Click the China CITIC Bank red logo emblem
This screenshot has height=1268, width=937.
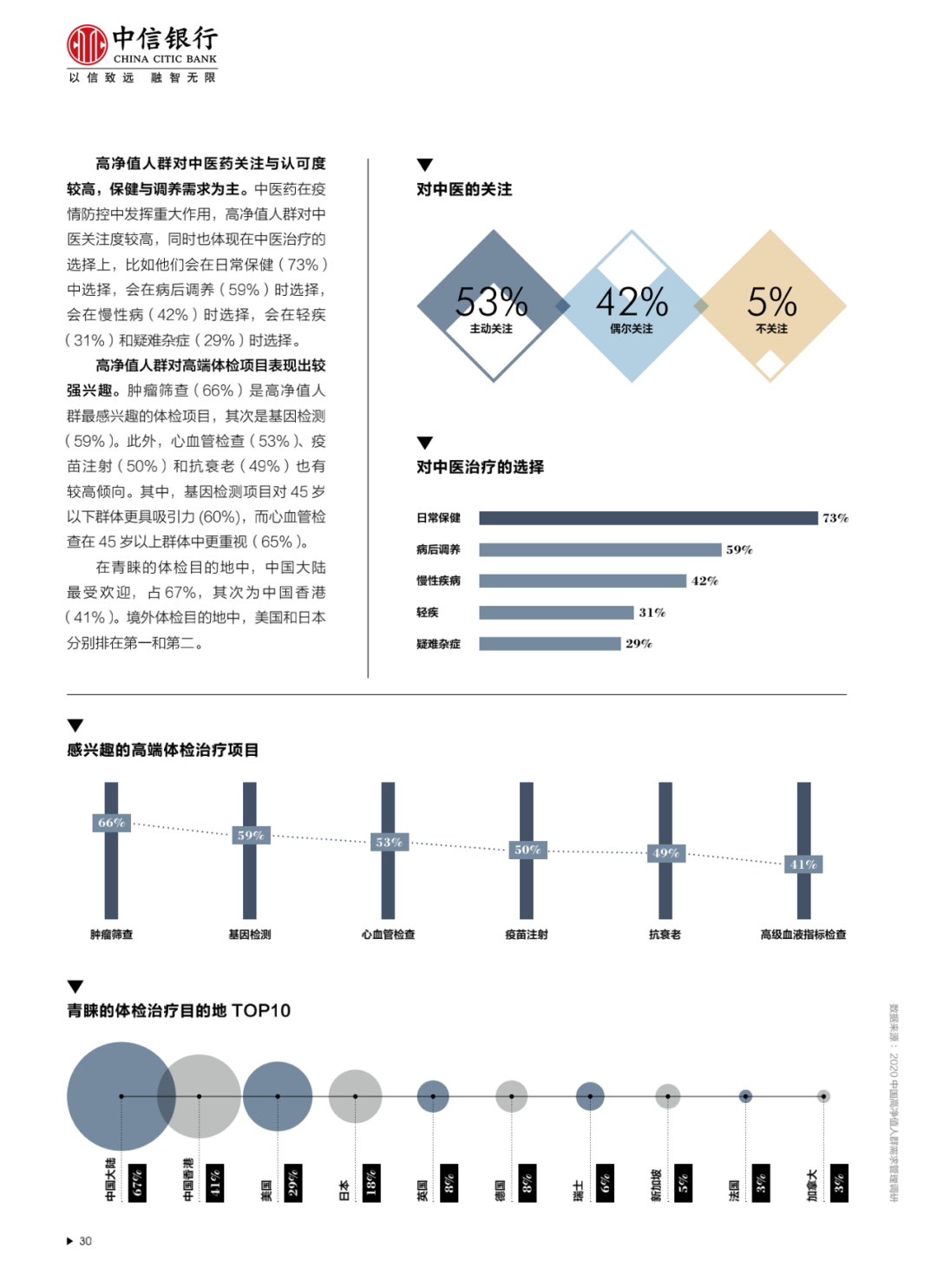click(87, 45)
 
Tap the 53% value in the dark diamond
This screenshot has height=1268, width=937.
click(492, 302)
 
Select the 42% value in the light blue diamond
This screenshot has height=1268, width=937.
click(632, 302)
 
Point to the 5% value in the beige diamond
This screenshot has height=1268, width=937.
click(771, 302)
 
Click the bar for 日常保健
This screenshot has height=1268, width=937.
click(648, 518)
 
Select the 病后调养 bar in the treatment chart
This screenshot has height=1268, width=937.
click(600, 549)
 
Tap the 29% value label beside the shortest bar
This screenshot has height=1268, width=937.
click(639, 644)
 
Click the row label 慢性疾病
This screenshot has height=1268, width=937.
click(438, 581)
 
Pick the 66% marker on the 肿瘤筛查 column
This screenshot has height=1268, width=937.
click(111, 823)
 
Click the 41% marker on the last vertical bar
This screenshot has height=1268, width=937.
click(803, 864)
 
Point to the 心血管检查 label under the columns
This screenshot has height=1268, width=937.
click(388, 935)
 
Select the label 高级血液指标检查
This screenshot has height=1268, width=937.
click(803, 935)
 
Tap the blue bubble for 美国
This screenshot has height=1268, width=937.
click(278, 1096)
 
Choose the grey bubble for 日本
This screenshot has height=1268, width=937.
click(355, 1096)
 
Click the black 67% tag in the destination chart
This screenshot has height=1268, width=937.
click(137, 1183)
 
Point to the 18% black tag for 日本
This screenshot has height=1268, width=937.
click(371, 1183)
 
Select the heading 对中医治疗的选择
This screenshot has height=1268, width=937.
click(480, 467)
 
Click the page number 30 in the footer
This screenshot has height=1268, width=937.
click(85, 1241)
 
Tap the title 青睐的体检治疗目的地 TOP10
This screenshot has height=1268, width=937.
click(179, 1010)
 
